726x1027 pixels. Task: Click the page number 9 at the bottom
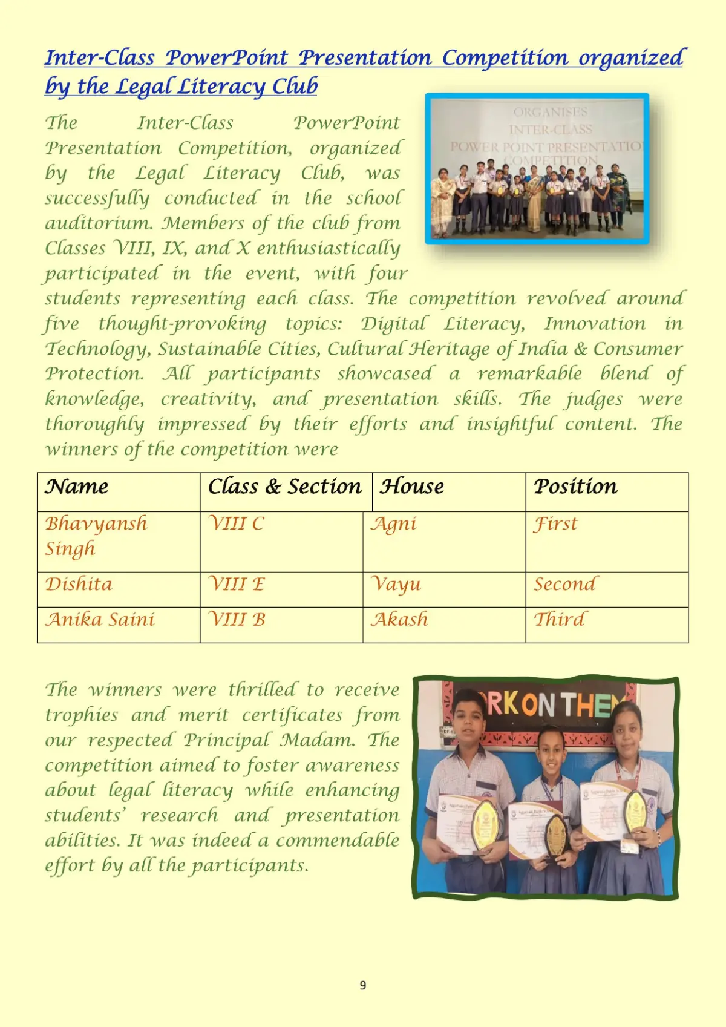click(362, 985)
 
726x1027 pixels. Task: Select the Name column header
click(77, 487)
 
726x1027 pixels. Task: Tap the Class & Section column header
click(284, 487)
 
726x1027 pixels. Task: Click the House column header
click(412, 487)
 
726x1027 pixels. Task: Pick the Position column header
click(575, 487)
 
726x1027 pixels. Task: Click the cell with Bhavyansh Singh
click(96, 536)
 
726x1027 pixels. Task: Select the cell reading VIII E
click(237, 585)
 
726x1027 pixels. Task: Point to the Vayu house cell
click(396, 585)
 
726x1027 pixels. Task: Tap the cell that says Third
click(560, 620)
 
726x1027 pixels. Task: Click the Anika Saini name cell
click(100, 620)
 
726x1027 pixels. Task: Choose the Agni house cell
click(394, 524)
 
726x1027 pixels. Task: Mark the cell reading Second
click(565, 585)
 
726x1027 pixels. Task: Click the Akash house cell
click(399, 620)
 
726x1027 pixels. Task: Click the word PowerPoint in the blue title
click(227, 58)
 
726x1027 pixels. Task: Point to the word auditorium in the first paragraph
click(99, 223)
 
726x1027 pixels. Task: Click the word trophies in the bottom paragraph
click(82, 715)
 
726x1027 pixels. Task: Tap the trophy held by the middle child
click(555, 834)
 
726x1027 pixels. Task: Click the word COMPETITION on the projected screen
click(551, 160)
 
